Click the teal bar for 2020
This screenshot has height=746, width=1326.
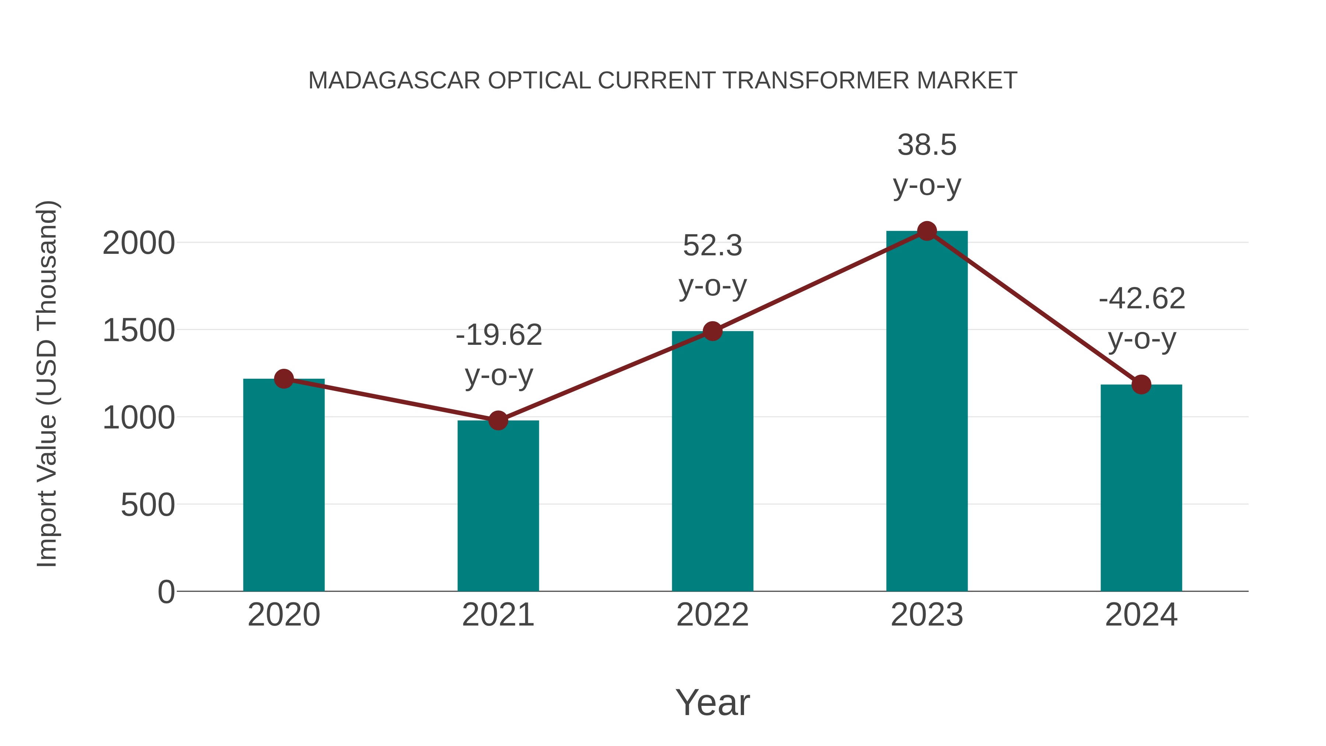click(x=284, y=487)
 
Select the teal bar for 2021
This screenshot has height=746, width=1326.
click(x=498, y=507)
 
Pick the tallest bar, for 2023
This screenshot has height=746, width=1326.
click(x=927, y=412)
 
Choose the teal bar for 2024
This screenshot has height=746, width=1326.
click(x=1141, y=489)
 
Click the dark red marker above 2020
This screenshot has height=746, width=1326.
click(x=284, y=379)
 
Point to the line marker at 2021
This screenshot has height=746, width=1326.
click(x=498, y=421)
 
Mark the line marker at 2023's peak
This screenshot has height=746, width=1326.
click(x=927, y=231)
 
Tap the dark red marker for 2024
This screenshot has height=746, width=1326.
click(x=1141, y=384)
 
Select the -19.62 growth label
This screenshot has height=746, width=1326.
click(x=499, y=336)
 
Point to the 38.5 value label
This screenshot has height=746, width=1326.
click(x=927, y=145)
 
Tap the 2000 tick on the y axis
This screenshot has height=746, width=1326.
click(x=138, y=243)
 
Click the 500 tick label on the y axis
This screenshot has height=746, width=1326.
click(x=147, y=505)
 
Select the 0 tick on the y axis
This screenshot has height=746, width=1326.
click(x=166, y=592)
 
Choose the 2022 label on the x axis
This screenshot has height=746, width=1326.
click(x=712, y=615)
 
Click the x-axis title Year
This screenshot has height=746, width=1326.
click(x=712, y=703)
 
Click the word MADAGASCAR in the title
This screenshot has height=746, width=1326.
click(x=394, y=81)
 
